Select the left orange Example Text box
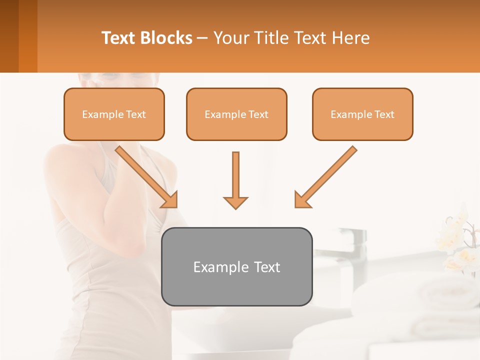pos(114,114)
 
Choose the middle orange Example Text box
pos(236,114)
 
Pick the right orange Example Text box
pos(362,114)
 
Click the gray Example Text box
pos(236,266)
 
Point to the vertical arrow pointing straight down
pos(235,180)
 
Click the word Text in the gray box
pos(268,267)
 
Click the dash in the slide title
pos(202,38)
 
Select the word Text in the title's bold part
pos(119,38)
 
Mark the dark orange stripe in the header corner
pos(27,36)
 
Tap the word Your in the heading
pos(231,38)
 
